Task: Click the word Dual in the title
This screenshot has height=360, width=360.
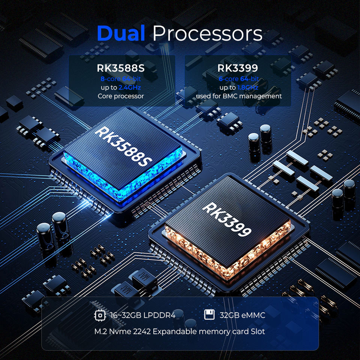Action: (121, 33)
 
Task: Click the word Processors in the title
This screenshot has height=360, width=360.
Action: (207, 34)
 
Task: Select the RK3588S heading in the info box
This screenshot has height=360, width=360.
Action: (121, 69)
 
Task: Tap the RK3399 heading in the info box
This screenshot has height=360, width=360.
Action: (238, 69)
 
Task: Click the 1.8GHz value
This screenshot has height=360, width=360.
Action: (247, 87)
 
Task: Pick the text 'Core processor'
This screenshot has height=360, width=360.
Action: (121, 96)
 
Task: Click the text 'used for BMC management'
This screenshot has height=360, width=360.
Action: (238, 96)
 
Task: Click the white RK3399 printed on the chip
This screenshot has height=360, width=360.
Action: (227, 219)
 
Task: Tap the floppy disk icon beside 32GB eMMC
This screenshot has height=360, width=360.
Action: (209, 315)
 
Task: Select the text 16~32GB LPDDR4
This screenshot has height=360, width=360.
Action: (143, 315)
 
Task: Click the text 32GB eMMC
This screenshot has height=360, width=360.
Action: (242, 315)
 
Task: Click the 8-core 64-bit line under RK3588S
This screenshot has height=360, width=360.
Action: (121, 79)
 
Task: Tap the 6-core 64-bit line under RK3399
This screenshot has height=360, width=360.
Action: (238, 79)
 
